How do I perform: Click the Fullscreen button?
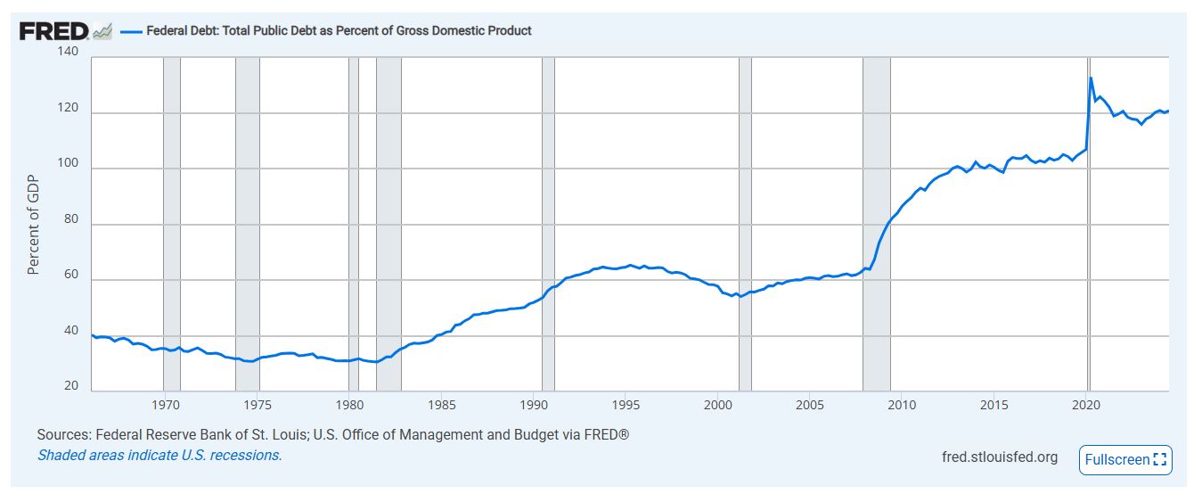tap(1124, 460)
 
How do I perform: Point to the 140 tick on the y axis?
tap(69, 53)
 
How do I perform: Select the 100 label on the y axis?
tap(69, 165)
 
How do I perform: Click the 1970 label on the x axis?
tap(165, 405)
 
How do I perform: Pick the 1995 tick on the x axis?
tap(626, 405)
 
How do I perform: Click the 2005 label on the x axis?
tap(810, 405)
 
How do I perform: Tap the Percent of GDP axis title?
tap(34, 223)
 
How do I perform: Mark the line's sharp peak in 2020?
tap(1092, 78)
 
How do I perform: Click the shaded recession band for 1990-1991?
tap(548, 178)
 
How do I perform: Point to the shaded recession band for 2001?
tap(745, 178)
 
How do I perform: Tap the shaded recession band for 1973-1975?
tap(247, 178)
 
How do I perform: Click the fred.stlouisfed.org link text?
tap(1000, 457)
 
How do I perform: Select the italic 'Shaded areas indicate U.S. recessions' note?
tap(159, 455)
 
